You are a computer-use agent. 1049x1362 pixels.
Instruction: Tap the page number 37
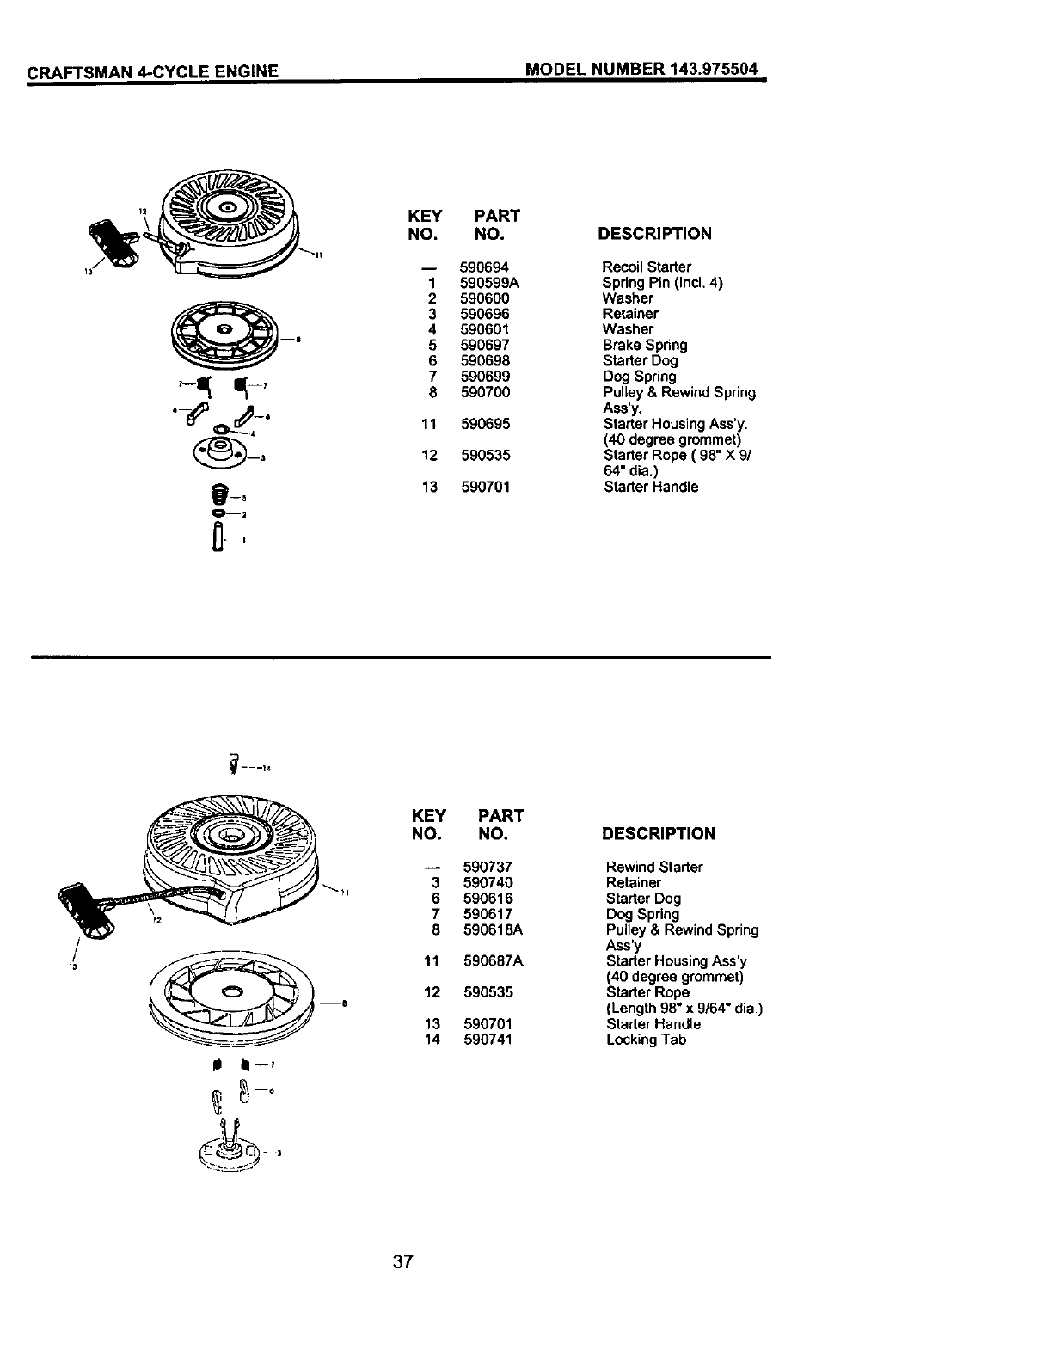(403, 1262)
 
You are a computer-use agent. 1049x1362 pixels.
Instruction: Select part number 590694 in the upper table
(484, 267)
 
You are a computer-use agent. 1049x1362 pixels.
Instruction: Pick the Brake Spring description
(645, 345)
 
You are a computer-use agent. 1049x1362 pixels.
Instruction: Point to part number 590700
(485, 392)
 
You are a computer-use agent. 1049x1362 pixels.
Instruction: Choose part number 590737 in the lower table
(488, 867)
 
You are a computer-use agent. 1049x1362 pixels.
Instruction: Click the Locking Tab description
(646, 1040)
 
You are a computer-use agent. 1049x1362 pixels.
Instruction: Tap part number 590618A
(493, 929)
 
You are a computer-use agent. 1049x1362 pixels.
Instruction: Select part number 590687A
(493, 960)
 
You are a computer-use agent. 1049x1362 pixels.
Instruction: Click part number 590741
(488, 1040)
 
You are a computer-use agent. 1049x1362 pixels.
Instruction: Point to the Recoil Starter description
(647, 267)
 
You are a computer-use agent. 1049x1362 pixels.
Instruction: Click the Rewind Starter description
(653, 867)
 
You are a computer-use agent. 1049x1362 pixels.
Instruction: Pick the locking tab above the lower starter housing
(231, 761)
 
